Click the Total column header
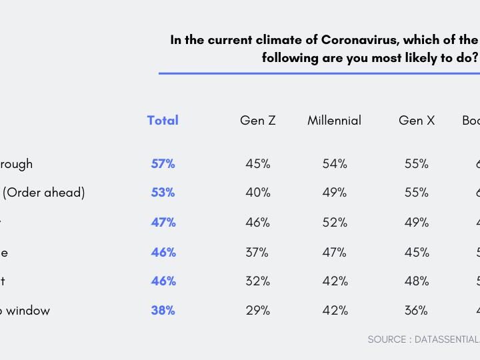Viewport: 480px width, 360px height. (163, 121)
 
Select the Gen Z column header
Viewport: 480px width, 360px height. (257, 121)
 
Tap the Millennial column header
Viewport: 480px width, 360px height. (334, 121)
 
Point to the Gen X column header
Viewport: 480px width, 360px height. (417, 121)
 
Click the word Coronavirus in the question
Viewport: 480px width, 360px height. (356, 40)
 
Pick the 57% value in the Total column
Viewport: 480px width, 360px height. (163, 164)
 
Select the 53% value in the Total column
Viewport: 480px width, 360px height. (163, 193)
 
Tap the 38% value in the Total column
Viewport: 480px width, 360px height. (163, 311)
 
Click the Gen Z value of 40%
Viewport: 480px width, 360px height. (257, 193)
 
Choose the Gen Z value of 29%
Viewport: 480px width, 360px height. (257, 311)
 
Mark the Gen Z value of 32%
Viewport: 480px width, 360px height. (257, 281)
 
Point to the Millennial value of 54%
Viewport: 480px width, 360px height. (335, 164)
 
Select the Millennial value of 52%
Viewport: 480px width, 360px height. (335, 223)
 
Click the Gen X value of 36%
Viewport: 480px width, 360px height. (417, 311)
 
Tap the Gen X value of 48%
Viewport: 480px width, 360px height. (417, 281)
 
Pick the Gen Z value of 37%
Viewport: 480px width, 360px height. (257, 253)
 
